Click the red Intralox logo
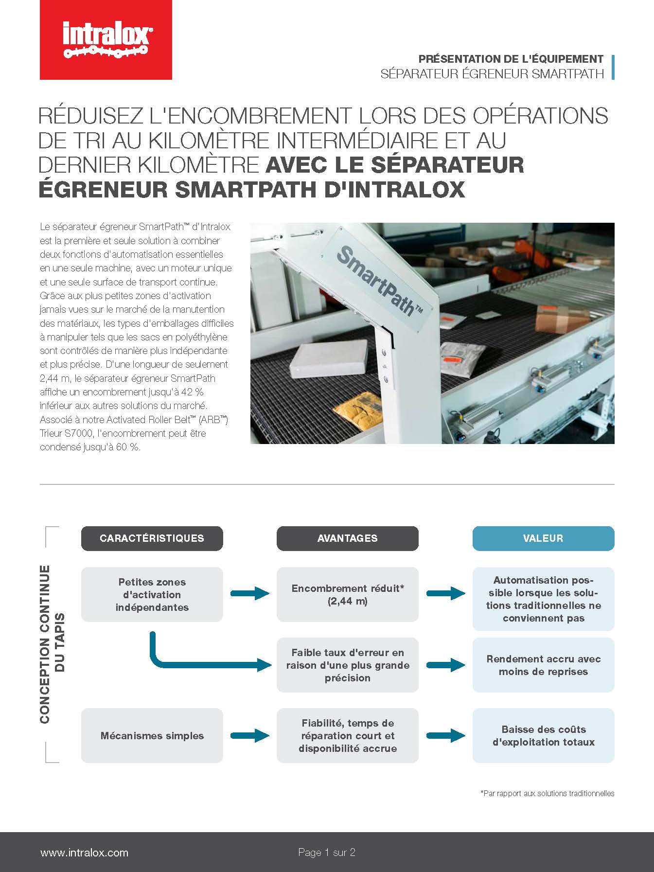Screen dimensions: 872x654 pos(106,40)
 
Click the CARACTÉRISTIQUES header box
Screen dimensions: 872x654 pos(152,538)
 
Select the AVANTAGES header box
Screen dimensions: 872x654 pos(347,538)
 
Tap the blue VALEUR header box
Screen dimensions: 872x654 pos(543,538)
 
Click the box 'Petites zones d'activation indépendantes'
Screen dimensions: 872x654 pos(152,594)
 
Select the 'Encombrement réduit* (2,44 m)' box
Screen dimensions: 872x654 pos(347,594)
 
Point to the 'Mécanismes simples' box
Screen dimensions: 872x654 pos(152,735)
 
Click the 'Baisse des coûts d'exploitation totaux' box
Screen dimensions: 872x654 pos(543,735)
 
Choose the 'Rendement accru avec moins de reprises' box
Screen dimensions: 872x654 pos(543,665)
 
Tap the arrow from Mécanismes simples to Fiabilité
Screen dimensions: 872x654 pos(249,735)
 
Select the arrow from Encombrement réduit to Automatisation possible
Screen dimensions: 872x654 pos(445,593)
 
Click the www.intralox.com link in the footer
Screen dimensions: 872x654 pos(84,853)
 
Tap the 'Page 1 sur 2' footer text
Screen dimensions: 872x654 pos(327,853)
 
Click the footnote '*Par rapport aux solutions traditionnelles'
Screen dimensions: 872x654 pos(547,793)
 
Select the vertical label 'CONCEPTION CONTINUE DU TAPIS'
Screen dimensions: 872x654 pos(52,644)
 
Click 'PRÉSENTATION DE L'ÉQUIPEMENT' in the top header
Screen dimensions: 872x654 pos(511,59)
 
